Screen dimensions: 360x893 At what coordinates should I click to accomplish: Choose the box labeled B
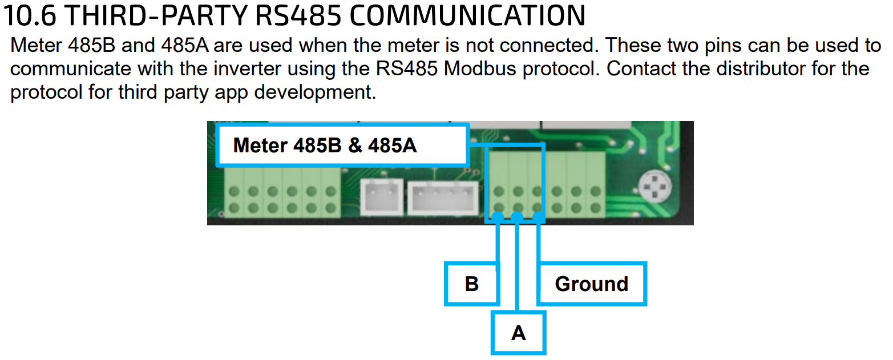pyautogui.click(x=472, y=284)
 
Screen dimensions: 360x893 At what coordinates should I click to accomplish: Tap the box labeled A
pyautogui.click(x=518, y=332)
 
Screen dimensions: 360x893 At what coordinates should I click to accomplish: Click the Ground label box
pyautogui.click(x=592, y=284)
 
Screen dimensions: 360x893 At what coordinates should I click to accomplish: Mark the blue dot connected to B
pyautogui.click(x=498, y=217)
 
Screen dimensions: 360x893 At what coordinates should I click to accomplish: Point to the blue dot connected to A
pyautogui.click(x=517, y=217)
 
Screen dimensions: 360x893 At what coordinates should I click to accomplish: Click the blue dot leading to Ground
pyautogui.click(x=538, y=217)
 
